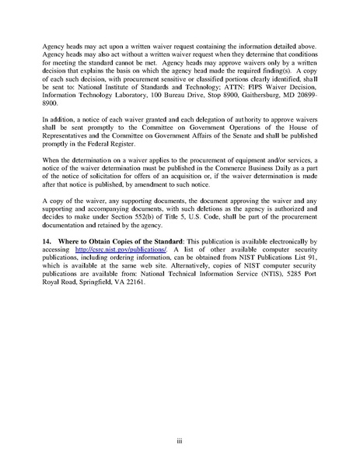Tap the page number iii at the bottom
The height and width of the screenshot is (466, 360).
tap(179, 440)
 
